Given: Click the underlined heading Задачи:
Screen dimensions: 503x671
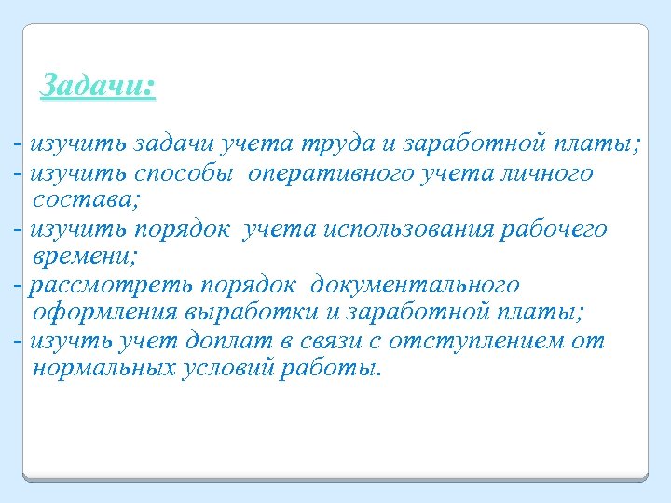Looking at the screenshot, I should [x=99, y=87].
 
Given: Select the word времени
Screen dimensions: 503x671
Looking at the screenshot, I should [x=79, y=255].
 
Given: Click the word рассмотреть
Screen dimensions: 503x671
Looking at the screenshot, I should [x=88, y=284].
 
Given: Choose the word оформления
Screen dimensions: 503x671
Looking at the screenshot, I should [x=104, y=311].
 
